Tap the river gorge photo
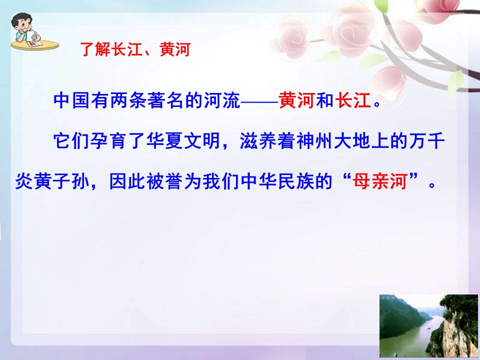point(428,325)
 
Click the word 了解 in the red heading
point(95,50)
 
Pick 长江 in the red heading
point(127,50)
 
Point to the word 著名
point(172,101)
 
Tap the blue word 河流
point(223,101)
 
